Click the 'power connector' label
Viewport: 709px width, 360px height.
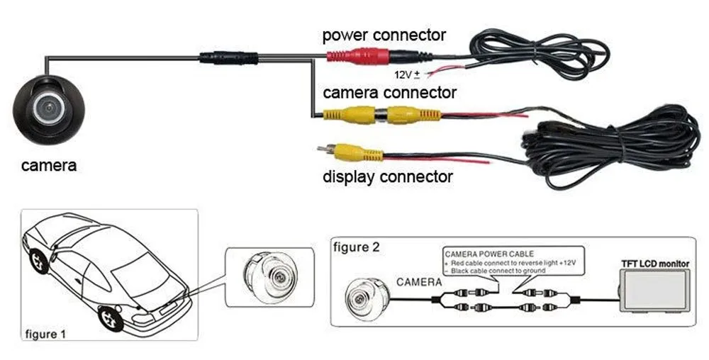(384, 35)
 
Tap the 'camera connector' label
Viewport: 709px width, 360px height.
(389, 92)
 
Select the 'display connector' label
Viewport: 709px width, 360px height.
(387, 176)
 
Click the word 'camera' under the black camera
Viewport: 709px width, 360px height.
(48, 166)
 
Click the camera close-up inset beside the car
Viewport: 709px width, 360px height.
(269, 276)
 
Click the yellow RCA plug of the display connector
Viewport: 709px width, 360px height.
(352, 152)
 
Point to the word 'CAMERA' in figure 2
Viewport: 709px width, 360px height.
(419, 282)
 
